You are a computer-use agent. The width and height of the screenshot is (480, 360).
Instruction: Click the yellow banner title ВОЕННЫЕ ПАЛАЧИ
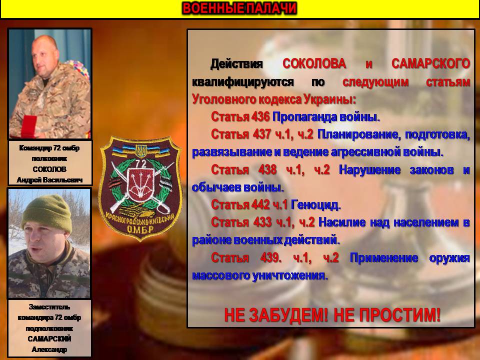[239, 8]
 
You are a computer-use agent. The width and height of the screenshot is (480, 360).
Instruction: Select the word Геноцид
[315, 205]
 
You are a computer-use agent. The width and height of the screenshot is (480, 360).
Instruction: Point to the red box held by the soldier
[28, 126]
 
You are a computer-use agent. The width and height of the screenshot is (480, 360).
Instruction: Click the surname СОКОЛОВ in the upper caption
[49, 169]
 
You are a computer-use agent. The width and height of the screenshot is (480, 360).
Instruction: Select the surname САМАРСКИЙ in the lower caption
[49, 338]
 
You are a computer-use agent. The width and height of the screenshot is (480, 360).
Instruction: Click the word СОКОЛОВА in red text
[314, 63]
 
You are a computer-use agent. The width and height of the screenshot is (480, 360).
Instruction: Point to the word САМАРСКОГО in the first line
[430, 63]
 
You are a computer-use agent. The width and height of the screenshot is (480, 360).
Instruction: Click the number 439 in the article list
[270, 258]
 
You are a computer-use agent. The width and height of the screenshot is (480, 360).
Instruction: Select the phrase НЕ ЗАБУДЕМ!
[276, 315]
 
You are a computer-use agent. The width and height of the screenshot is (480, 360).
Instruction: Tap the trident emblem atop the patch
[141, 150]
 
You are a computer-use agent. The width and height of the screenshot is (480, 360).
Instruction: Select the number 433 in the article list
[262, 222]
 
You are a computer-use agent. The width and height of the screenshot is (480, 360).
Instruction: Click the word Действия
[236, 63]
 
